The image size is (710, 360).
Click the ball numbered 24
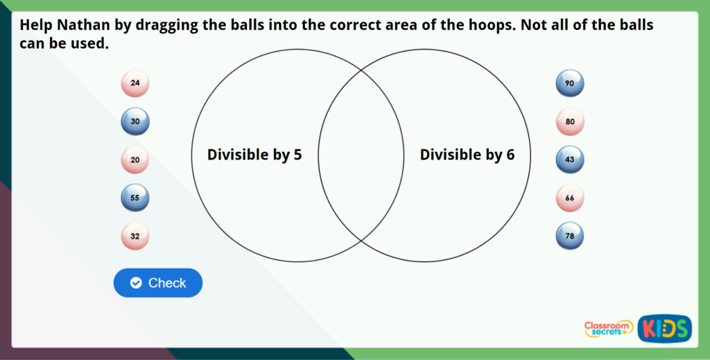(x=135, y=83)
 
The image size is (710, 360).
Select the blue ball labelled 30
(x=135, y=121)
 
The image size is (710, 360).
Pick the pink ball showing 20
(x=135, y=160)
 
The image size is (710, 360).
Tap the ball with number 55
(x=135, y=198)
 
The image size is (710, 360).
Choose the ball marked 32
(x=135, y=236)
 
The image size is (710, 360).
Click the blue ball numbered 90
(x=570, y=83)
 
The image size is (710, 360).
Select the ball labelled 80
(x=570, y=121)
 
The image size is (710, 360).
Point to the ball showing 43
(x=570, y=160)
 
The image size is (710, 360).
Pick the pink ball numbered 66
(x=570, y=198)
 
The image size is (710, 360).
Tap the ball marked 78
(x=570, y=236)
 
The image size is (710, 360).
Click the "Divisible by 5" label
(x=254, y=155)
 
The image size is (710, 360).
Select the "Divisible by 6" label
(x=467, y=155)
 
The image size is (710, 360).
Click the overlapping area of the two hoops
(x=361, y=155)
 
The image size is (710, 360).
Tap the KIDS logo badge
(x=664, y=328)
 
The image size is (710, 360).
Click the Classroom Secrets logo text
(x=608, y=329)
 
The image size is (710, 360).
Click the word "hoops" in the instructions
(x=492, y=26)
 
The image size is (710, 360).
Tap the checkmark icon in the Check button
(x=136, y=282)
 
